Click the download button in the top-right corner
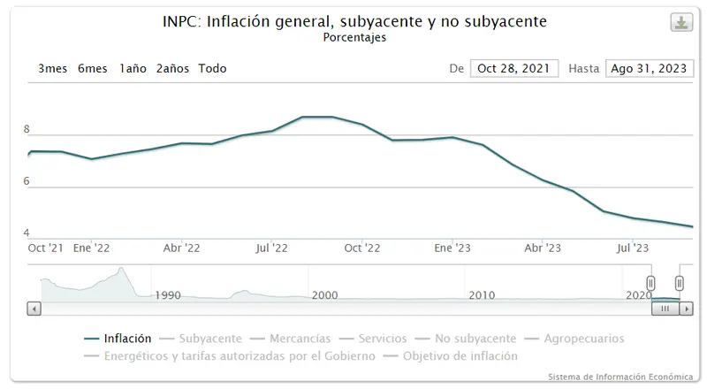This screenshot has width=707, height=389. coord(681,23)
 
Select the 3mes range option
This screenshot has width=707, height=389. coord(53,68)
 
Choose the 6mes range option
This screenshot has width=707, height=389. coord(93,68)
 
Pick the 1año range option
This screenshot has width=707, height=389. coord(133,68)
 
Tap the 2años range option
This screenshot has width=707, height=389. coord(172,68)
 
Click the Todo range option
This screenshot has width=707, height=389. coord(212,68)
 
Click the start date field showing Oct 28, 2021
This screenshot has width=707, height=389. coord(514,68)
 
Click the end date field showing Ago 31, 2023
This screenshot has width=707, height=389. coord(648,68)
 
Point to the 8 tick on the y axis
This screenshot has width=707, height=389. coord(27,129)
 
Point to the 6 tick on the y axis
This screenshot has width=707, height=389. coord(27,181)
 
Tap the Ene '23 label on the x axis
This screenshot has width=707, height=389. coord(452,248)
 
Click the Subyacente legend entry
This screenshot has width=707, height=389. coord(209,338)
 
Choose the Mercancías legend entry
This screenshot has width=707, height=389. coord(300,338)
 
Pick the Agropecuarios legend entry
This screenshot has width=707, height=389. coord(584,338)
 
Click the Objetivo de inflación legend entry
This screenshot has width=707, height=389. coord(460,355)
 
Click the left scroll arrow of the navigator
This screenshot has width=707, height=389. coord(34,309)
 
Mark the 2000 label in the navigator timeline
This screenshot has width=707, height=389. coord(324,294)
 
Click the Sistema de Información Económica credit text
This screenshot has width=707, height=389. coord(620,377)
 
